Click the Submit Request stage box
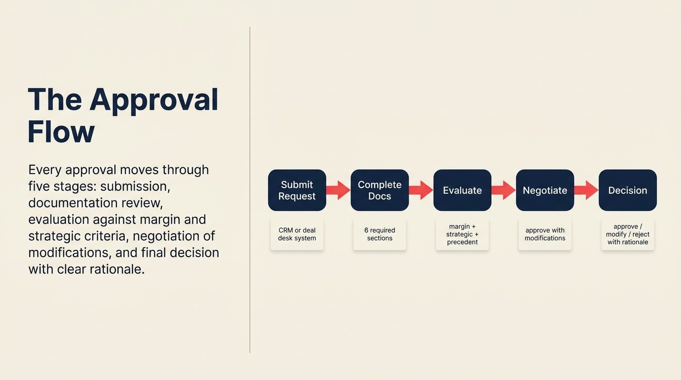pos(297,190)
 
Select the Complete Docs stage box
pos(380,190)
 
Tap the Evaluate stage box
pos(462,190)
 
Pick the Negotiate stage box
pos(545,190)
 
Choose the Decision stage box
pos(628,190)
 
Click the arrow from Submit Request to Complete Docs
pos(338,190)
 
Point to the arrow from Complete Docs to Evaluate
pos(421,190)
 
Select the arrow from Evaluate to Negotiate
pos(503,190)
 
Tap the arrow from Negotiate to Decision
pos(586,190)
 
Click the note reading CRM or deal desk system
pos(297,235)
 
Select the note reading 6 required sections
pos(380,235)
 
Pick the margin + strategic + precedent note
pos(462,235)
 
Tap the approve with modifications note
pos(545,235)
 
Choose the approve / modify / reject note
pos(628,235)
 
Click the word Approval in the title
pos(154,100)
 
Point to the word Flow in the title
pos(61,132)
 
